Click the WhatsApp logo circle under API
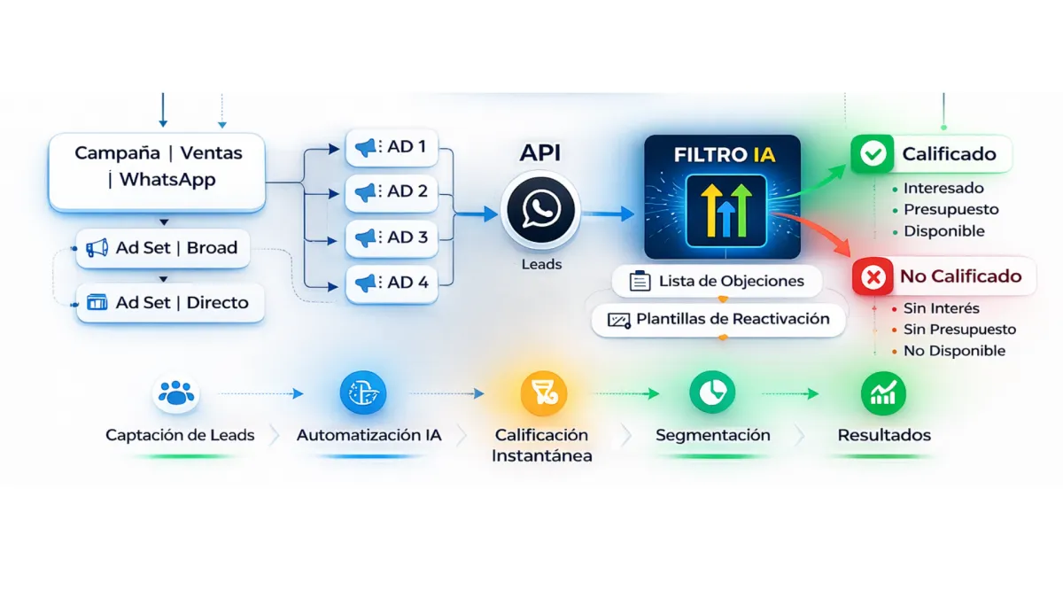[x=540, y=211]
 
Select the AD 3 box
[x=391, y=237]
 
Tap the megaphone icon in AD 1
[x=365, y=147]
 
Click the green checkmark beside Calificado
[x=873, y=154]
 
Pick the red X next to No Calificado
[x=873, y=277]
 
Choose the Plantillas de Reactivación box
[x=718, y=319]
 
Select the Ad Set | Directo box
[x=168, y=303]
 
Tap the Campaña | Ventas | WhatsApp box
[x=157, y=167]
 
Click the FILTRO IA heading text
[x=724, y=155]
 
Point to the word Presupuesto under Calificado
[x=950, y=210]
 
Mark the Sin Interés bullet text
[x=941, y=308]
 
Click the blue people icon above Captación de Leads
[x=176, y=392]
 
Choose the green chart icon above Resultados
[x=883, y=392]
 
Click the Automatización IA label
[x=369, y=435]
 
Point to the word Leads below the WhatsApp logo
[x=540, y=264]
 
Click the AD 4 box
[x=391, y=283]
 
